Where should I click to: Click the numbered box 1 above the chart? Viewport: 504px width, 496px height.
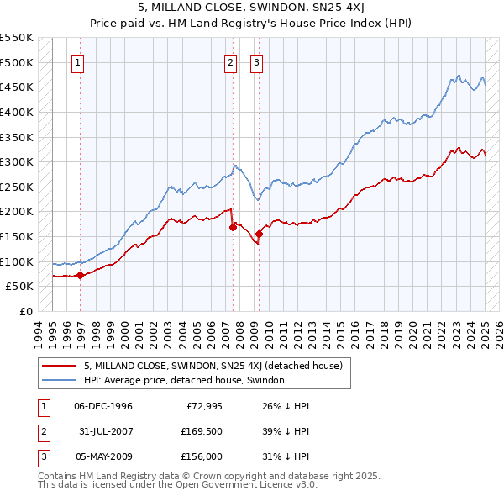pos(78,61)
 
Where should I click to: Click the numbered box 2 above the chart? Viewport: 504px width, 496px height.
pos(229,61)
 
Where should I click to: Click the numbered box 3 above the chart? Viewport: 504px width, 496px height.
pos(256,61)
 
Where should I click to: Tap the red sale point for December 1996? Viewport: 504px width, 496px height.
pos(80,274)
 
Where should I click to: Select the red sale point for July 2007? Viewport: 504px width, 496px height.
pos(233,227)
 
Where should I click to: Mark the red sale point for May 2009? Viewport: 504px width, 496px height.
pos(260,234)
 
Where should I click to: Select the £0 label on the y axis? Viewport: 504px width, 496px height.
pos(25,311)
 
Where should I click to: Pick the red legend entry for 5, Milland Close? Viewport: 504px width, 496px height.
pos(213,366)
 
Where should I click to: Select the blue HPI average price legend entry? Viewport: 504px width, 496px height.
pos(184,380)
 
